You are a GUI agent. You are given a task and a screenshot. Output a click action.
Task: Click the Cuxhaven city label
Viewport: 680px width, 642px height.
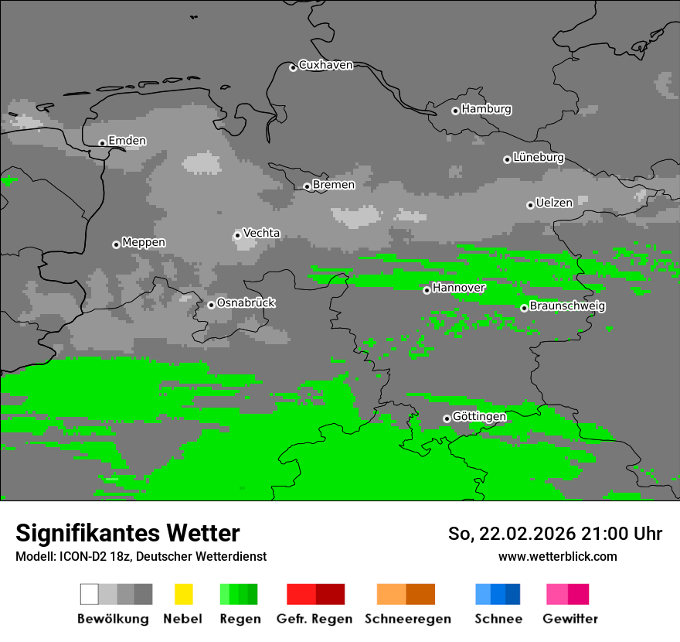tap(325, 66)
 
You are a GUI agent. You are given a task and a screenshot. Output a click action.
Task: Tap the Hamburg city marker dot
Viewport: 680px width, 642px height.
tap(455, 111)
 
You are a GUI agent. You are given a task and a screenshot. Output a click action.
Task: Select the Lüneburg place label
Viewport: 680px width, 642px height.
tap(539, 158)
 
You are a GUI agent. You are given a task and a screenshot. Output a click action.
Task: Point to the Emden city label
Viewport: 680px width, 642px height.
tap(127, 141)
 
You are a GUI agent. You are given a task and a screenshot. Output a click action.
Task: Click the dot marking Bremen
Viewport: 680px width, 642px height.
tap(307, 186)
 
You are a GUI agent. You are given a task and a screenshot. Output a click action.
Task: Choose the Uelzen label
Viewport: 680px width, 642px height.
tap(554, 203)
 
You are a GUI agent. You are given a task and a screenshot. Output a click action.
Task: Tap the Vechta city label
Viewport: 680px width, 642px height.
tap(261, 234)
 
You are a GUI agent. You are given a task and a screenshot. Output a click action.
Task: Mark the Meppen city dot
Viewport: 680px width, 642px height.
tap(116, 244)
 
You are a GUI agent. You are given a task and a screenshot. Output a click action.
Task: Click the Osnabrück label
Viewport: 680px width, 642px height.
tap(246, 303)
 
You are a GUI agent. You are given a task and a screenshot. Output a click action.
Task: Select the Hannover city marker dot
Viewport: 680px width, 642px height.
tap(427, 290)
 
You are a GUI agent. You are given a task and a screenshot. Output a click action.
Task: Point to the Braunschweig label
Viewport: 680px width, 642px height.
tap(567, 306)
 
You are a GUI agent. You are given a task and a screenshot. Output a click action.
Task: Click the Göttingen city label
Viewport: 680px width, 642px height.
tap(479, 417)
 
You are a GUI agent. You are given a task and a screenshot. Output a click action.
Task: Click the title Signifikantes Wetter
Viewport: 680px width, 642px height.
tap(127, 534)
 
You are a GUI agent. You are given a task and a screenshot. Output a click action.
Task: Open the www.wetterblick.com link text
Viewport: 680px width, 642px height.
tap(557, 557)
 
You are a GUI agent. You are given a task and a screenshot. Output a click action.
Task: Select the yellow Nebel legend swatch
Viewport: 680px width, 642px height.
tap(183, 594)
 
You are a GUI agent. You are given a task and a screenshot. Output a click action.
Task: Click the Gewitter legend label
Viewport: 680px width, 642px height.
tap(570, 619)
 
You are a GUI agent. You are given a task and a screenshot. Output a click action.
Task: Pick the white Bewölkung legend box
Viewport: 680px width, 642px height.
tap(90, 594)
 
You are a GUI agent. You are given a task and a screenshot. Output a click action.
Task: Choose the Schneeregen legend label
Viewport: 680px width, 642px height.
tap(407, 619)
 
